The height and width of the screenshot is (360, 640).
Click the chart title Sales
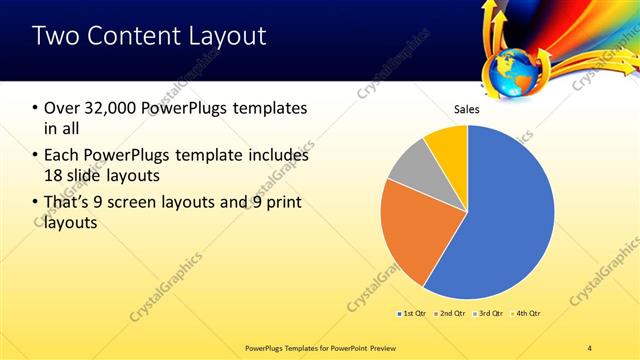pos(467,109)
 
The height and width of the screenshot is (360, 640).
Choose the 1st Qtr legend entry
pos(411,314)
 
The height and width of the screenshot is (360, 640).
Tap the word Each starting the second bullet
pos(62,156)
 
